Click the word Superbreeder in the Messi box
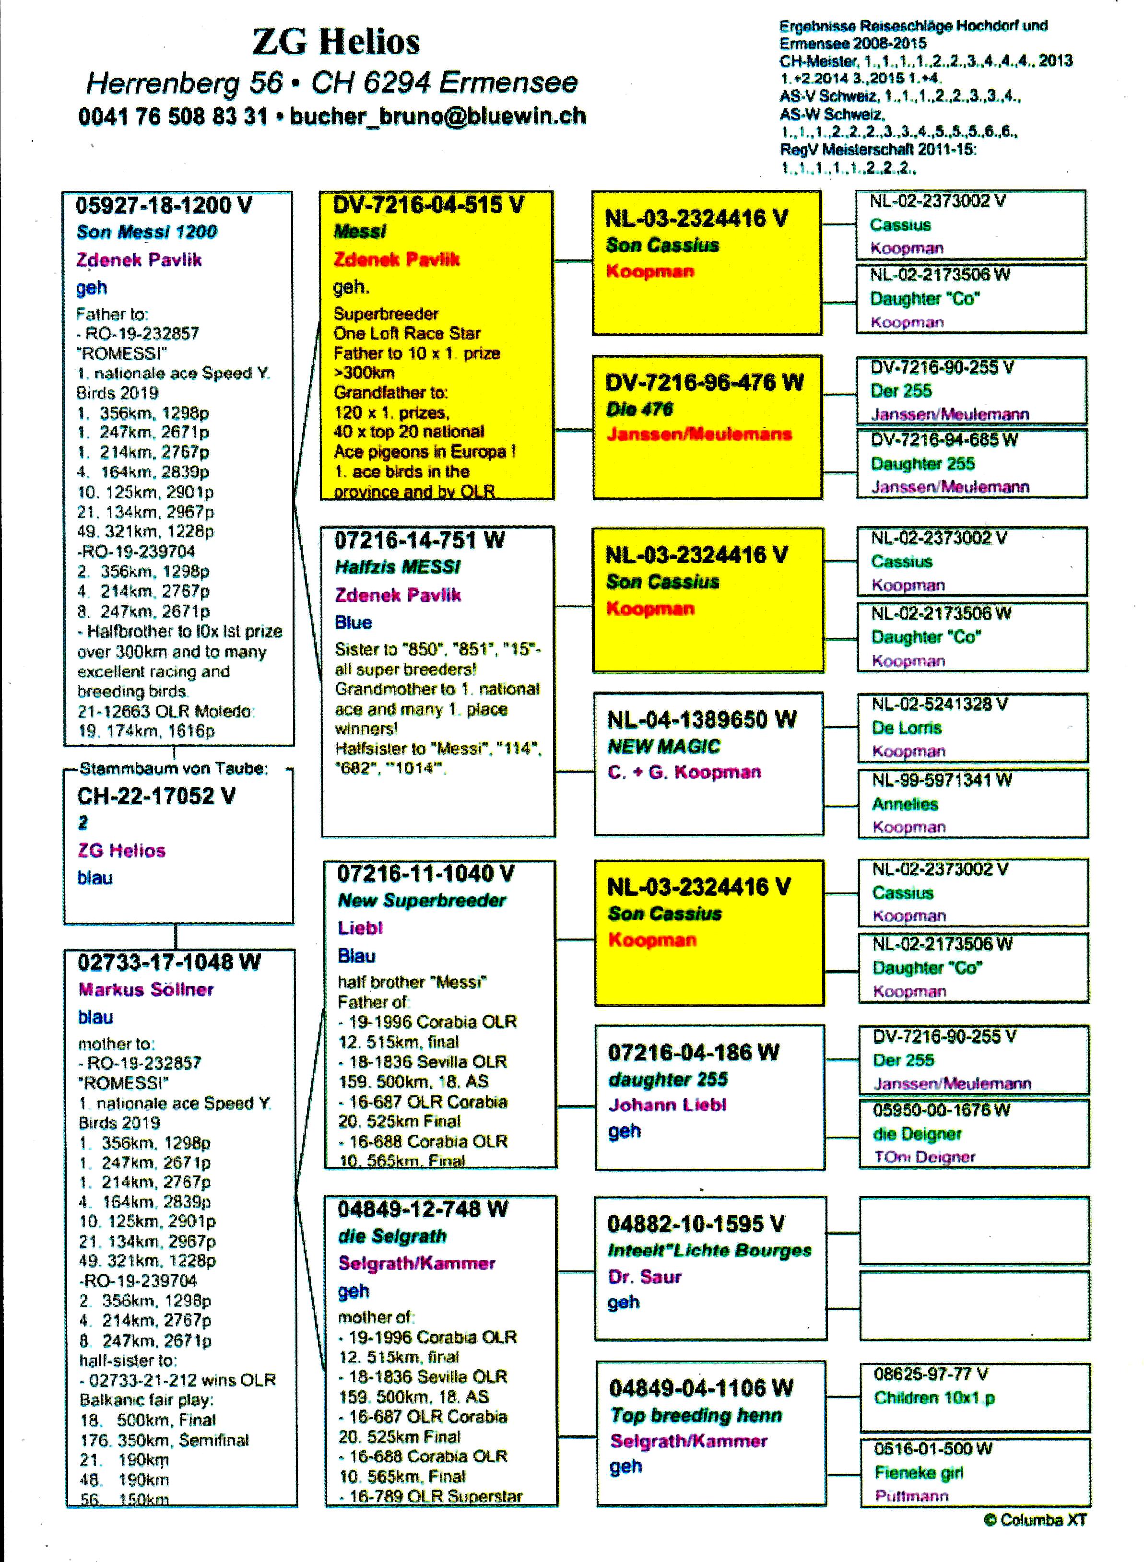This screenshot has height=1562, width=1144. coord(386,314)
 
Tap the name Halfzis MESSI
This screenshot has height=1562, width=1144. coord(398,567)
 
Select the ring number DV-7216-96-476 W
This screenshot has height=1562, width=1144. coord(704,382)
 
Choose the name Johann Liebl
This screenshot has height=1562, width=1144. coord(667,1105)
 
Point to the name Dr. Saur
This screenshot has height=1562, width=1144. coord(644,1277)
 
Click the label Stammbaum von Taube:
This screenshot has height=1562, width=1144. coord(173,769)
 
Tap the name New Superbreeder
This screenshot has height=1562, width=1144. coord(421,901)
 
